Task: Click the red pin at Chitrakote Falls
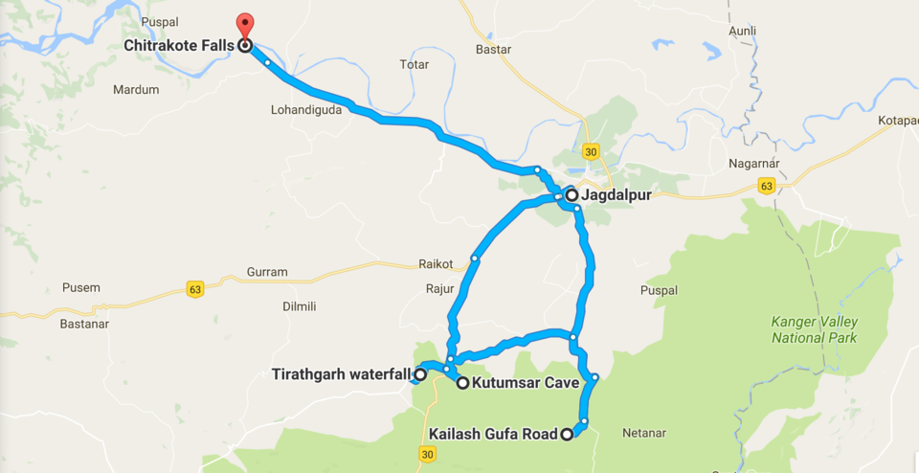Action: point(245,26)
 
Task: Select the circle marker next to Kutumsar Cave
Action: point(462,383)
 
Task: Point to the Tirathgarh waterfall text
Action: point(341,374)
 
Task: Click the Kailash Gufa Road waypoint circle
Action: point(567,435)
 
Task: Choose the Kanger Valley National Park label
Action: point(815,329)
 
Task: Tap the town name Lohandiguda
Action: point(307,110)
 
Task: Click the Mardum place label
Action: point(136,90)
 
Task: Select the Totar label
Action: point(415,64)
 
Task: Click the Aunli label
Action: point(742,32)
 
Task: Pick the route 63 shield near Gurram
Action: point(195,289)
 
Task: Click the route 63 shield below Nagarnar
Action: point(765,186)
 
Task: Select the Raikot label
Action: point(436,263)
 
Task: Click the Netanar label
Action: point(643,434)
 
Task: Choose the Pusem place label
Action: point(80,287)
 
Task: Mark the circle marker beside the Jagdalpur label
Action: point(572,195)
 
